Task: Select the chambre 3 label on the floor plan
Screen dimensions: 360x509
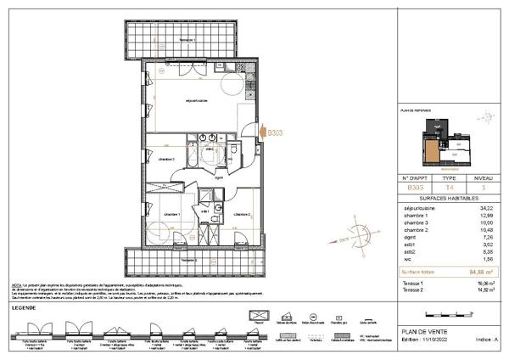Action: tap(166, 159)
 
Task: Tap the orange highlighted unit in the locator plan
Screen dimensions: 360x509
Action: tap(433, 151)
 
